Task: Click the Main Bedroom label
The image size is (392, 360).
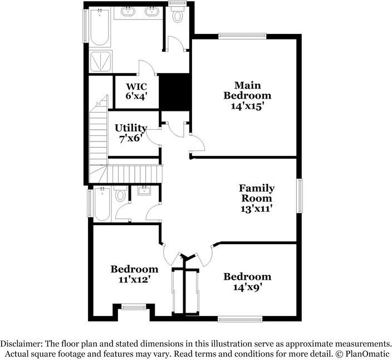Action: tap(248, 90)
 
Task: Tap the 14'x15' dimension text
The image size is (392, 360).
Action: tap(248, 105)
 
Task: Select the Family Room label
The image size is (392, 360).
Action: tap(257, 193)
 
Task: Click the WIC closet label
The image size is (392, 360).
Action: tap(136, 86)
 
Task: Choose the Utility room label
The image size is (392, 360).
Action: tap(131, 128)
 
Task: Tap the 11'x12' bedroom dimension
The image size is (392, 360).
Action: tap(134, 280)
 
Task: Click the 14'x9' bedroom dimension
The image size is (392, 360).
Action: tap(247, 288)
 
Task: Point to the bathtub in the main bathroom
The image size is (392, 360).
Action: tap(100, 27)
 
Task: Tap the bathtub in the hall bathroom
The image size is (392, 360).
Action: tap(102, 204)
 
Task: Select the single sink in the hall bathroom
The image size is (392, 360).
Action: tap(145, 191)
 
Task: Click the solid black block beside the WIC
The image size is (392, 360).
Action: tap(175, 93)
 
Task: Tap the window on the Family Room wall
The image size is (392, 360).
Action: tap(301, 195)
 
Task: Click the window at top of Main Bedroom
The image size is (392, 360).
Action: tap(233, 36)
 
